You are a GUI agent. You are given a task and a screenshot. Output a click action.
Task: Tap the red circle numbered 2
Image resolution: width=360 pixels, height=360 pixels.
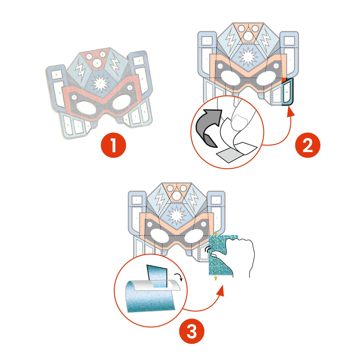[307, 145]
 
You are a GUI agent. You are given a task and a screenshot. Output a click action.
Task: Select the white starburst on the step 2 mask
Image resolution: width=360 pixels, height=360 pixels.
[248, 57]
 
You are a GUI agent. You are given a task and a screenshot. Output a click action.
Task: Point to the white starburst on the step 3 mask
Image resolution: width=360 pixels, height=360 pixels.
[177, 215]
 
